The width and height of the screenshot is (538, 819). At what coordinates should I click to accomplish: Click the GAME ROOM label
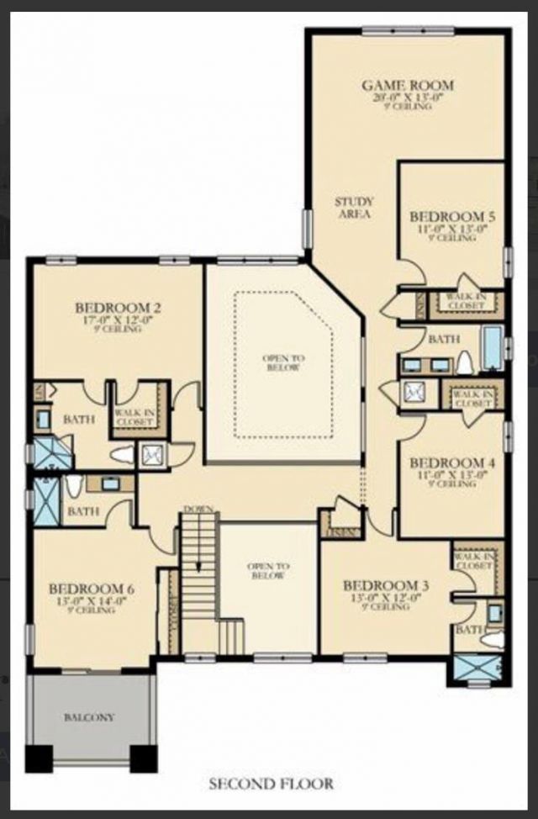pos(408,85)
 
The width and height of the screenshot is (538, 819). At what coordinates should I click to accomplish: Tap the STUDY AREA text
pos(354,208)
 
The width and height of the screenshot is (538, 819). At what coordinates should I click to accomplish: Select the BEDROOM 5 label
pos(457,217)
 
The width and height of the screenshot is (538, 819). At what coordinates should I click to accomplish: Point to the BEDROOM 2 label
pos(117,307)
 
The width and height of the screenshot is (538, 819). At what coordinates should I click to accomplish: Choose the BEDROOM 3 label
pos(381,584)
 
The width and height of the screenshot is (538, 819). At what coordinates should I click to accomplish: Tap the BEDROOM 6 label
pos(92,588)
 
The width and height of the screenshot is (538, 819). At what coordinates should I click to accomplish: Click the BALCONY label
pos(89,717)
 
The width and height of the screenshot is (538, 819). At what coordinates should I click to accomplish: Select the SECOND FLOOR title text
pos(271,784)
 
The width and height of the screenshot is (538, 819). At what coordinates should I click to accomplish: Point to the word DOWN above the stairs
pos(198,510)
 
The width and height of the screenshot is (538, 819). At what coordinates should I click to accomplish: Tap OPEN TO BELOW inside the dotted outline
pos(283,363)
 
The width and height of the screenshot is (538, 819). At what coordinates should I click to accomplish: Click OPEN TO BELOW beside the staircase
pos(268,571)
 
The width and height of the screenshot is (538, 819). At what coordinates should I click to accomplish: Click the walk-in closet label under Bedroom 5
pos(465,302)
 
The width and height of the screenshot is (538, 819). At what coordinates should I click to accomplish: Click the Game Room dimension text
pos(408,97)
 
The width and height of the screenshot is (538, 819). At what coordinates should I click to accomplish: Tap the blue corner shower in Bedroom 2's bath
pos(52,452)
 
